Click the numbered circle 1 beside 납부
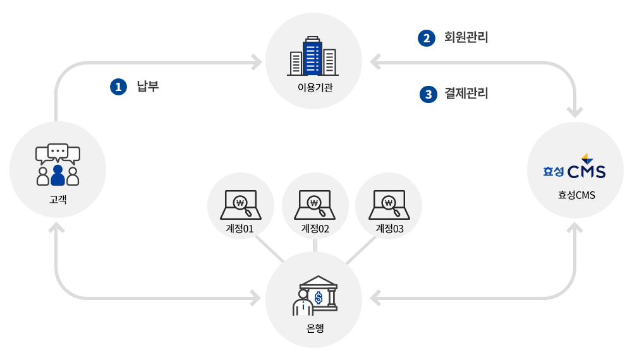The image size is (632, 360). pyautogui.click(x=118, y=87)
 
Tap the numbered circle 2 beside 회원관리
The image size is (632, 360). pyautogui.click(x=426, y=38)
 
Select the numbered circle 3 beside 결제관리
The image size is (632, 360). pyautogui.click(x=428, y=95)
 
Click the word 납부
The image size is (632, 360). pyautogui.click(x=147, y=87)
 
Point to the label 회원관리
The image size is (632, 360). pyautogui.click(x=466, y=37)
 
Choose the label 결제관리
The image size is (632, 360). pyautogui.click(x=466, y=94)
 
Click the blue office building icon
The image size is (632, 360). pyautogui.click(x=313, y=56)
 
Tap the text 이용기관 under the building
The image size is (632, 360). pyautogui.click(x=315, y=87)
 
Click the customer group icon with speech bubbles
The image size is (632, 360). pyautogui.click(x=58, y=165)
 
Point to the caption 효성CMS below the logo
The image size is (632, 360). pyautogui.click(x=576, y=195)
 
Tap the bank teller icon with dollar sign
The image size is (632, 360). pyautogui.click(x=315, y=296)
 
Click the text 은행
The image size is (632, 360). pyautogui.click(x=315, y=327)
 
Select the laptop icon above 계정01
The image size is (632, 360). pyautogui.click(x=241, y=203)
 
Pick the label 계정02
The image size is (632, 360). pyautogui.click(x=315, y=229)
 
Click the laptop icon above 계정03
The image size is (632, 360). pyautogui.click(x=389, y=203)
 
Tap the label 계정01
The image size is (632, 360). pyautogui.click(x=240, y=229)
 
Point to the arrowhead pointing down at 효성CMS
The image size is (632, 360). pyautogui.click(x=575, y=112)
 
